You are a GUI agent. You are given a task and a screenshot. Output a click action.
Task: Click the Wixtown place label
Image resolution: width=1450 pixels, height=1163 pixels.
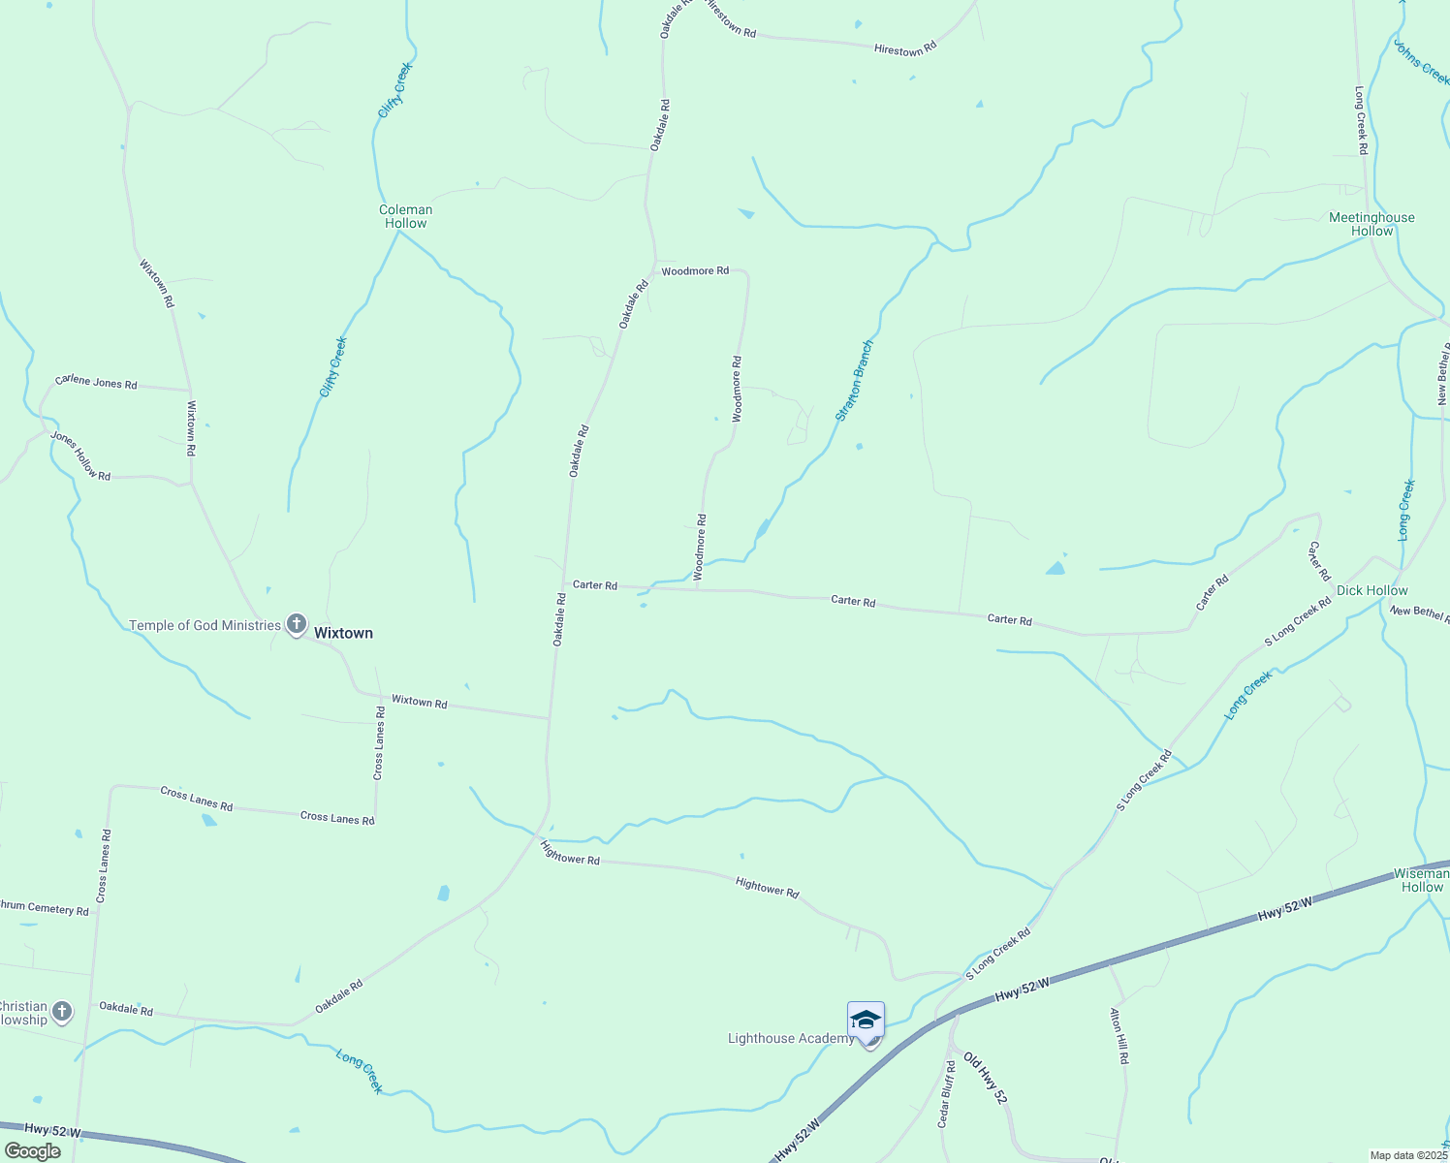click(343, 633)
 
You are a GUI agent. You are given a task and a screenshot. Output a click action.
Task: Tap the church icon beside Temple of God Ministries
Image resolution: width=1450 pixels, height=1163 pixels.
click(297, 625)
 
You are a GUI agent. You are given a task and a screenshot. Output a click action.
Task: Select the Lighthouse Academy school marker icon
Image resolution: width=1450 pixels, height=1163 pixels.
click(866, 1021)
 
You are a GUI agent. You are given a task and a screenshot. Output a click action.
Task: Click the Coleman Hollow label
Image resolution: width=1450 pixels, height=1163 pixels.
click(405, 216)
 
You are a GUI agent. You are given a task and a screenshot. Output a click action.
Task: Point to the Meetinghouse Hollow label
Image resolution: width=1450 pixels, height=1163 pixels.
click(1371, 224)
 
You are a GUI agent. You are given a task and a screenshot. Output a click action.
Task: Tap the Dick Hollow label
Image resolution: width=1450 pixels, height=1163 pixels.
click(1371, 590)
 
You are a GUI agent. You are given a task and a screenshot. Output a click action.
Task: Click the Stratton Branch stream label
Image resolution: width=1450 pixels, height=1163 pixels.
click(855, 380)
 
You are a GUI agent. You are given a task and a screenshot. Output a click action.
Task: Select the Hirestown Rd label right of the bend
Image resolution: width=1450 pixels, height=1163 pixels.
click(905, 48)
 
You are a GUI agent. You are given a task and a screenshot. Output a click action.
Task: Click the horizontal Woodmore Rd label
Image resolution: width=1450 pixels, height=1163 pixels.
click(695, 271)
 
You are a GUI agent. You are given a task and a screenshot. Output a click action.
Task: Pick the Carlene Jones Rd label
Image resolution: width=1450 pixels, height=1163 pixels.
click(96, 382)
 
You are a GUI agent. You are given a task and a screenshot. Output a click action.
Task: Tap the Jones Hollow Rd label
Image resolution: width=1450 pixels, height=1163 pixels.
click(80, 456)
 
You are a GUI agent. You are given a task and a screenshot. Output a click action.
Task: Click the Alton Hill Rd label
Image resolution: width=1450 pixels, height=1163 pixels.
click(1119, 1035)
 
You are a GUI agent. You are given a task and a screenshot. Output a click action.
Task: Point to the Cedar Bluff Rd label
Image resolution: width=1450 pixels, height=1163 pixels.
click(945, 1093)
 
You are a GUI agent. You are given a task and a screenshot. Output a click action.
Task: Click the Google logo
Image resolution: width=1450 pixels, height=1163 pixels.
click(32, 1151)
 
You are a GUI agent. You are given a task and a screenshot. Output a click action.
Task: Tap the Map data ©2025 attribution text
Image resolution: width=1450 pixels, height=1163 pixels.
click(1407, 1155)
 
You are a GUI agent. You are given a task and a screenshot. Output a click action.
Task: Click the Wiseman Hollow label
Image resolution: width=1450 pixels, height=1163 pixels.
click(1422, 880)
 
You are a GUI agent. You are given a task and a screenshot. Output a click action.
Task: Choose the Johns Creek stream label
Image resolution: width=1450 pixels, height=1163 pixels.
click(1421, 62)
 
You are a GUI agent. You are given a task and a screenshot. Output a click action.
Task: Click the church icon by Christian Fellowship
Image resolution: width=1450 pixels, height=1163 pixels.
click(61, 1013)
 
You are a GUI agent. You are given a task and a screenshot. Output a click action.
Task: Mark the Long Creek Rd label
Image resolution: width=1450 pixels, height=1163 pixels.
click(1361, 121)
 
